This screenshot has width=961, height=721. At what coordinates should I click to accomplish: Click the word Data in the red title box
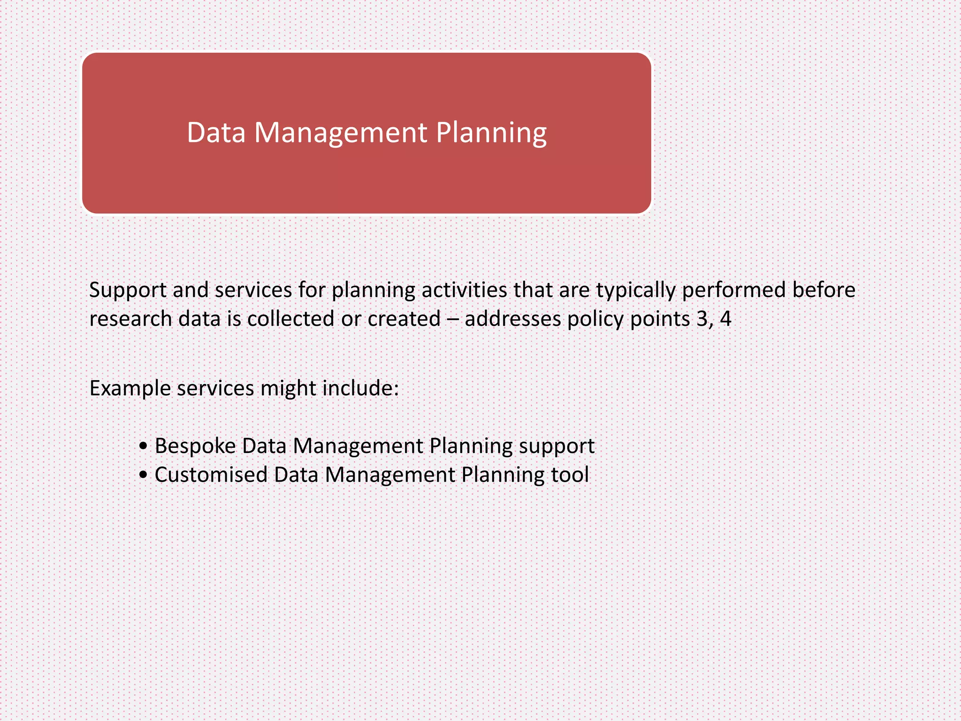coord(216,133)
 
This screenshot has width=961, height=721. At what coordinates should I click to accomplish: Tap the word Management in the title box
coord(341,133)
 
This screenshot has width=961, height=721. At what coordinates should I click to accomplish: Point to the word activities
coord(465,290)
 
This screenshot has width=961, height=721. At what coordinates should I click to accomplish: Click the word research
coord(130,319)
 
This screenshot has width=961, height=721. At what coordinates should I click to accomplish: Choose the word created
coord(404,319)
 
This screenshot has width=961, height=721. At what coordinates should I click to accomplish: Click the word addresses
coord(513,319)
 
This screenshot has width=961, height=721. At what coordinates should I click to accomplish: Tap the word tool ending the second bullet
coord(570,475)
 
